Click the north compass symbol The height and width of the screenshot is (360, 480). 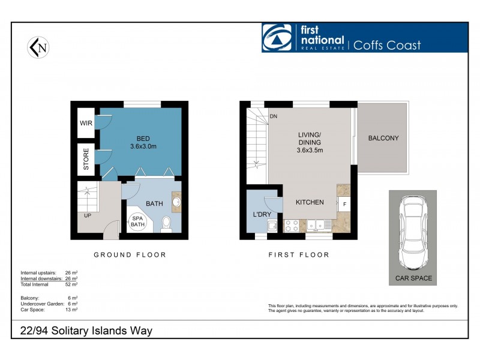tap(38, 47)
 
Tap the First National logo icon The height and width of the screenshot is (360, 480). tap(277, 38)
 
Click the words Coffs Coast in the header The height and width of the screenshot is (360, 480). tap(386, 45)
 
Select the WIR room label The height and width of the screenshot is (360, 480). tap(85, 124)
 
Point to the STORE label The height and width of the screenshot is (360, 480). tap(86, 159)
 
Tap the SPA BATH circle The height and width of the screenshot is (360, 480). tap(138, 221)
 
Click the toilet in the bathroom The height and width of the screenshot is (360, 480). tap(166, 223)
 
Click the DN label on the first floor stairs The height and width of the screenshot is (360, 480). tap(273, 116)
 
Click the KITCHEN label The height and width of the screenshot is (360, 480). tap(310, 203)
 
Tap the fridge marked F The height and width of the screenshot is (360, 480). tap(344, 205)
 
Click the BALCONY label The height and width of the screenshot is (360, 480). tap(383, 138)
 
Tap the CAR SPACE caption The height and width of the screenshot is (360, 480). tap(413, 278)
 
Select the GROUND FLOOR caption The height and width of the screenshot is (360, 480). tap(130, 255)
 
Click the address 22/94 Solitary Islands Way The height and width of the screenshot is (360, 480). tap(83, 331)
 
